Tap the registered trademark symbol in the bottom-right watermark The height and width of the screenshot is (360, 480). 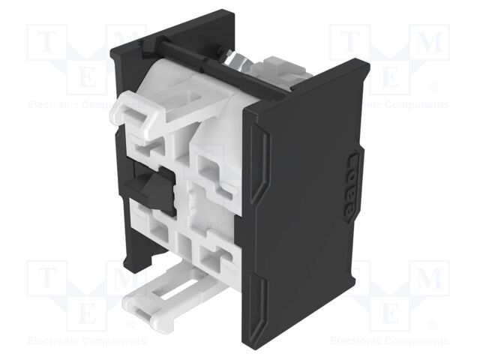tap(433, 323)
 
